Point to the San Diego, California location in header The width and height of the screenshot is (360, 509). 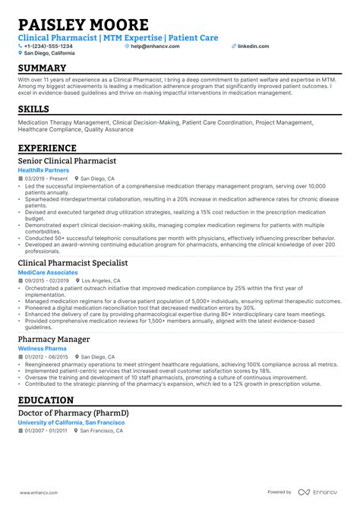tap(49, 53)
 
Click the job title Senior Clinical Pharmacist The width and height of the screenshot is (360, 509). tap(67, 162)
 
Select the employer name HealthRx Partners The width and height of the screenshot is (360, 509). tap(43, 171)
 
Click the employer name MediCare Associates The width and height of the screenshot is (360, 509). tap(47, 272)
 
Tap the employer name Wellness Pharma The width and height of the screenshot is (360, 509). tap(43, 348)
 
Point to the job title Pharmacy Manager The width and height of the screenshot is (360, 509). tap(53, 339)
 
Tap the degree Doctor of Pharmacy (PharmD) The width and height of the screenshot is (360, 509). tap(74, 413)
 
